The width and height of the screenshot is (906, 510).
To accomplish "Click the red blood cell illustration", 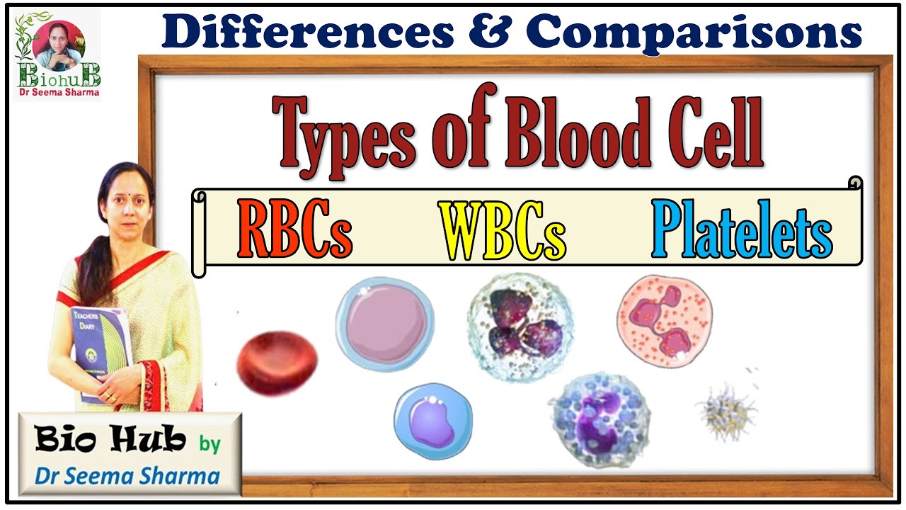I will point(277,363).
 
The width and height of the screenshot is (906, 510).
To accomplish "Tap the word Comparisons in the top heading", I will point(694,33).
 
